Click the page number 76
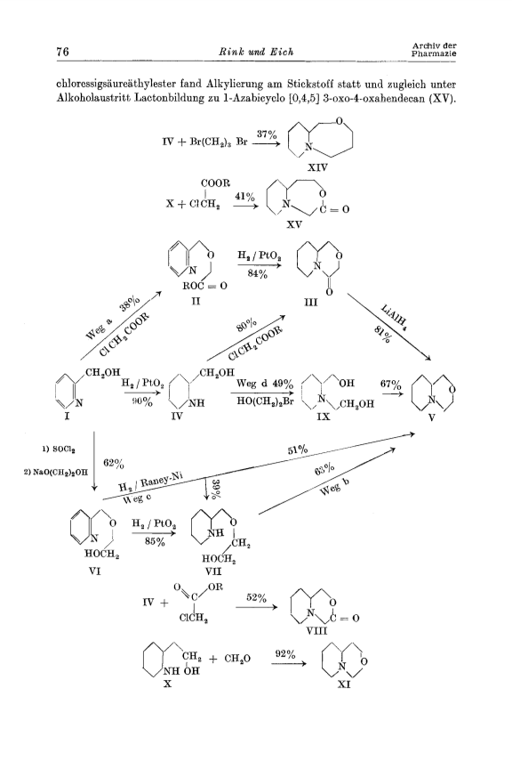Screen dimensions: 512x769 tap(63, 51)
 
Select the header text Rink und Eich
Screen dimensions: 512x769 tap(255, 52)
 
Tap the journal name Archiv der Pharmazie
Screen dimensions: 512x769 tap(434, 50)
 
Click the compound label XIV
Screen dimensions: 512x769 tap(317, 167)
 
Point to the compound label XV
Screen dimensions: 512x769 tap(294, 224)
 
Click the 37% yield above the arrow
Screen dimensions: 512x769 tap(267, 134)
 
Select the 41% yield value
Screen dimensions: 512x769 tap(245, 197)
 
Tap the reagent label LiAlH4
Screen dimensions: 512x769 tap(394, 316)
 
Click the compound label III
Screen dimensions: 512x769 tap(310, 302)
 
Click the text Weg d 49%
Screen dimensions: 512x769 tap(265, 384)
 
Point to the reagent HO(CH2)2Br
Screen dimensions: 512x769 tap(265, 401)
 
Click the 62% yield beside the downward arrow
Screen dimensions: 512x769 tap(114, 463)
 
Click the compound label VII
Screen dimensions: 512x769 tap(213, 571)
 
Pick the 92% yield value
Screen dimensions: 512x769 tap(285, 654)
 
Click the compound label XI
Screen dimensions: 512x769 tap(344, 684)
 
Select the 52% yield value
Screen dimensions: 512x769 tap(256, 597)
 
